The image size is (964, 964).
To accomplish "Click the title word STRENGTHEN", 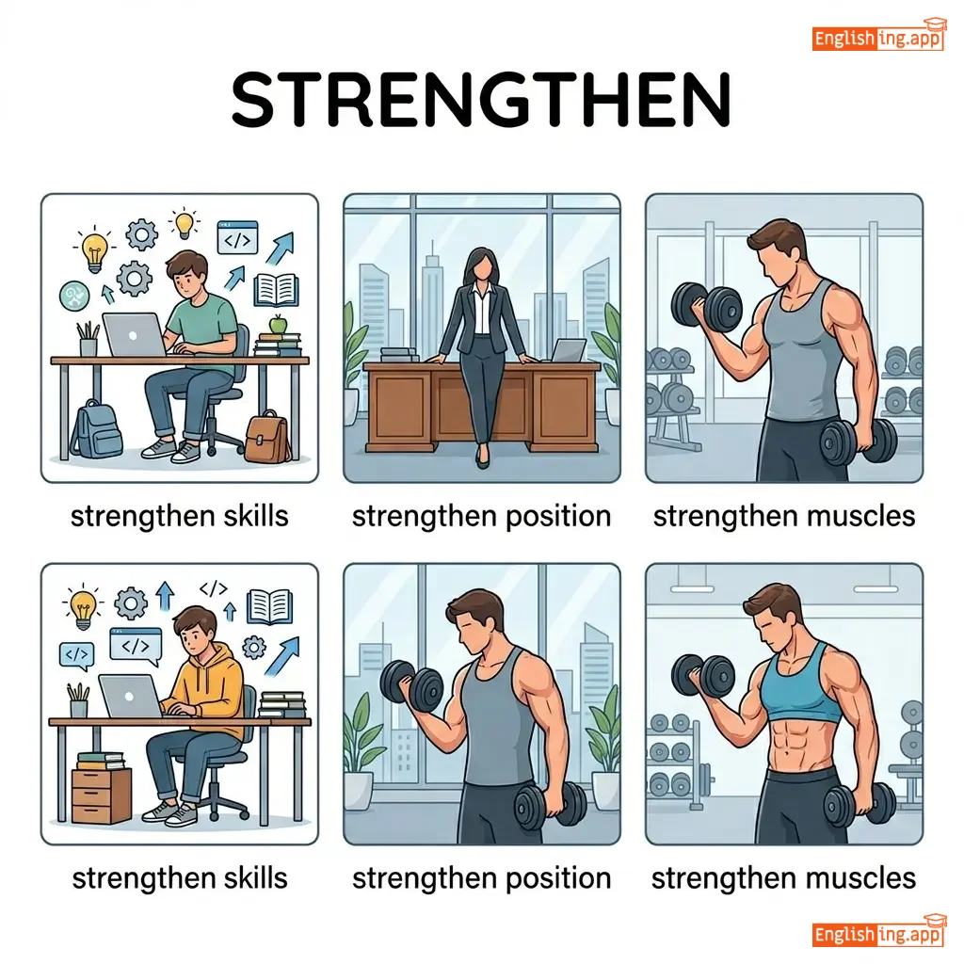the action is [481, 100].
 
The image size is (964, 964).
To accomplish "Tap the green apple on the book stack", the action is [279, 324].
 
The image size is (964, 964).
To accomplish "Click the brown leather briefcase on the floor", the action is [266, 437].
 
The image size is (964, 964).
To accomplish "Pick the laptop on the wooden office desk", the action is [569, 351].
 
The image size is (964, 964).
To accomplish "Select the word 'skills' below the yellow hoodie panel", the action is [255, 878].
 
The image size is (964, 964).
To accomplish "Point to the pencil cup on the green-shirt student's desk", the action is [88, 340].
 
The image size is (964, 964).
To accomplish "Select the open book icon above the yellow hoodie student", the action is [269, 607].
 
